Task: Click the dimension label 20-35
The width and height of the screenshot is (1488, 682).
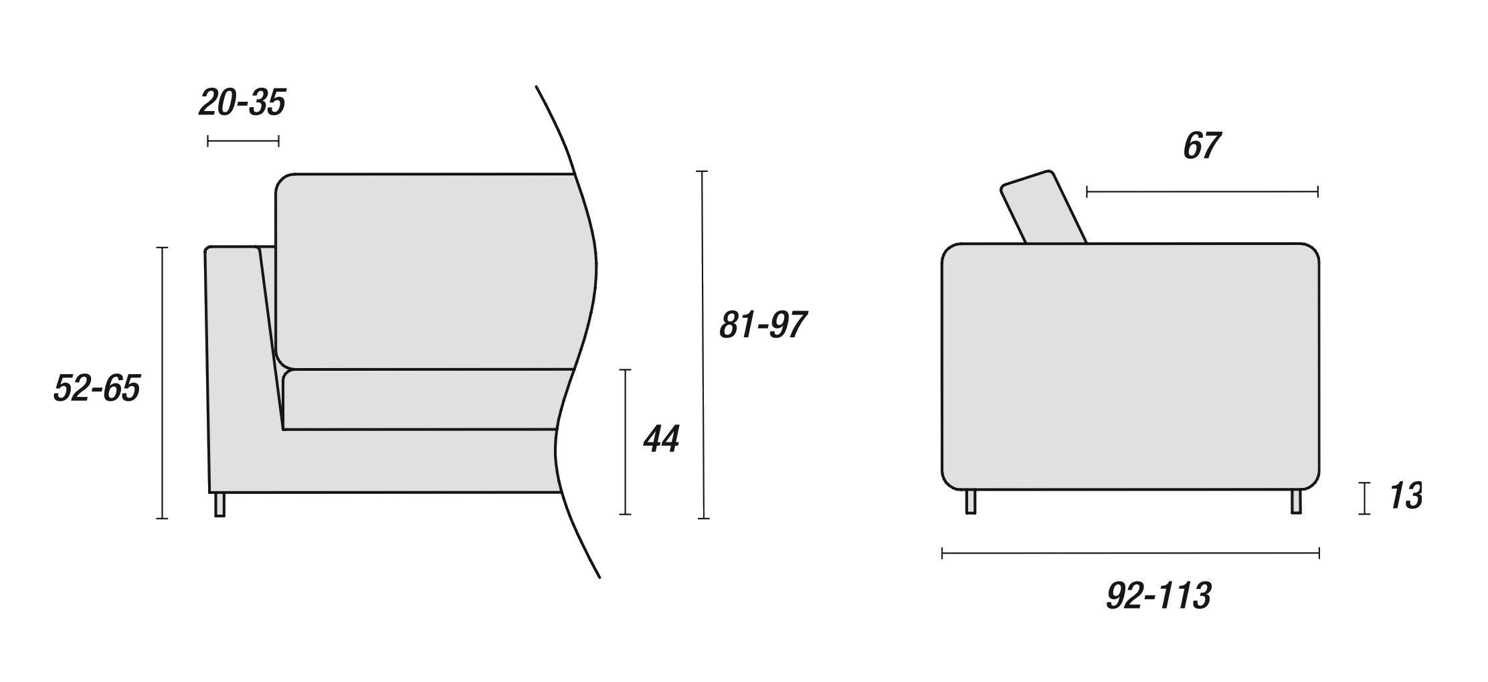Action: pos(242,103)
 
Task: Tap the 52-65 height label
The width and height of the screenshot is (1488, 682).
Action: pos(96,388)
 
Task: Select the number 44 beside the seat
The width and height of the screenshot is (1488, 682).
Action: pos(661,440)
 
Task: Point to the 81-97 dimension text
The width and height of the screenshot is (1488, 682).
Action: pos(762,325)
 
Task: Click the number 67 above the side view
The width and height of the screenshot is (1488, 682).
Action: pos(1202,146)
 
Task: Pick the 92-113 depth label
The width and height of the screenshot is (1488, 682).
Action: pos(1158,596)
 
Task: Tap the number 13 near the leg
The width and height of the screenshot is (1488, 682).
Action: pos(1405,497)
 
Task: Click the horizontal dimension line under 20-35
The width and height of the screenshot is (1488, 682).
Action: pos(243,141)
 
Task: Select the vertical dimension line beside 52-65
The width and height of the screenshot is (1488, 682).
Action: pos(161,382)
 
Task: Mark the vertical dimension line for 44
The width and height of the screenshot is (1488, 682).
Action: pos(626,442)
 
